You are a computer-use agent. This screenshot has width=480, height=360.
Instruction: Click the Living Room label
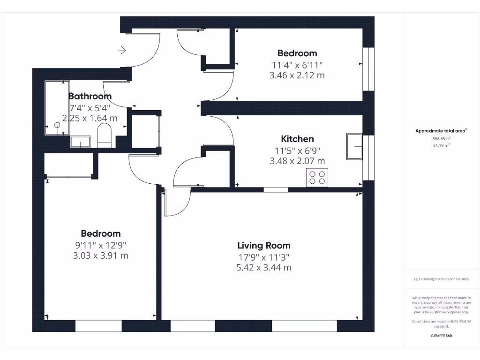tap(263, 245)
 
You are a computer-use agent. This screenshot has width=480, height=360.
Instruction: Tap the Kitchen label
tap(297, 139)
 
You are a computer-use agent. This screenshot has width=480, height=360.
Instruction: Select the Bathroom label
tap(90, 96)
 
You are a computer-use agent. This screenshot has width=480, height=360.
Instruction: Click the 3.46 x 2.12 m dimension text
tap(297, 75)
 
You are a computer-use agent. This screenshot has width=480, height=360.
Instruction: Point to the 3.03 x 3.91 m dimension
tap(100, 255)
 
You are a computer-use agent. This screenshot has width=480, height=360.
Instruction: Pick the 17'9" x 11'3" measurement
tap(263, 257)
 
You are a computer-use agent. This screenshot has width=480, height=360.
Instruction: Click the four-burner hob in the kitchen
tap(317, 177)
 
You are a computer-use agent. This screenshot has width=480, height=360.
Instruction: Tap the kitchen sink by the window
tap(354, 146)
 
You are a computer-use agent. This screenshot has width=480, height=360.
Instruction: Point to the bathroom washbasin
tap(80, 142)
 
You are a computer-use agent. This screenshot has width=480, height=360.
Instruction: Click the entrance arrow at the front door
tap(122, 50)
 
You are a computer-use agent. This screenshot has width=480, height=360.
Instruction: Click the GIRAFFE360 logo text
tap(441, 336)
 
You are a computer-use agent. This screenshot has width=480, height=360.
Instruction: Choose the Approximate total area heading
tap(441, 131)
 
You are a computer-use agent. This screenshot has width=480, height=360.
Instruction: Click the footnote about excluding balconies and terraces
tap(441, 279)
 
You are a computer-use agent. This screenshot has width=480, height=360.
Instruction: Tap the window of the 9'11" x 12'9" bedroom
tap(98, 326)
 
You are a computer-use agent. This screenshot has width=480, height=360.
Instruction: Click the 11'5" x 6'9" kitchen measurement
tap(297, 150)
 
